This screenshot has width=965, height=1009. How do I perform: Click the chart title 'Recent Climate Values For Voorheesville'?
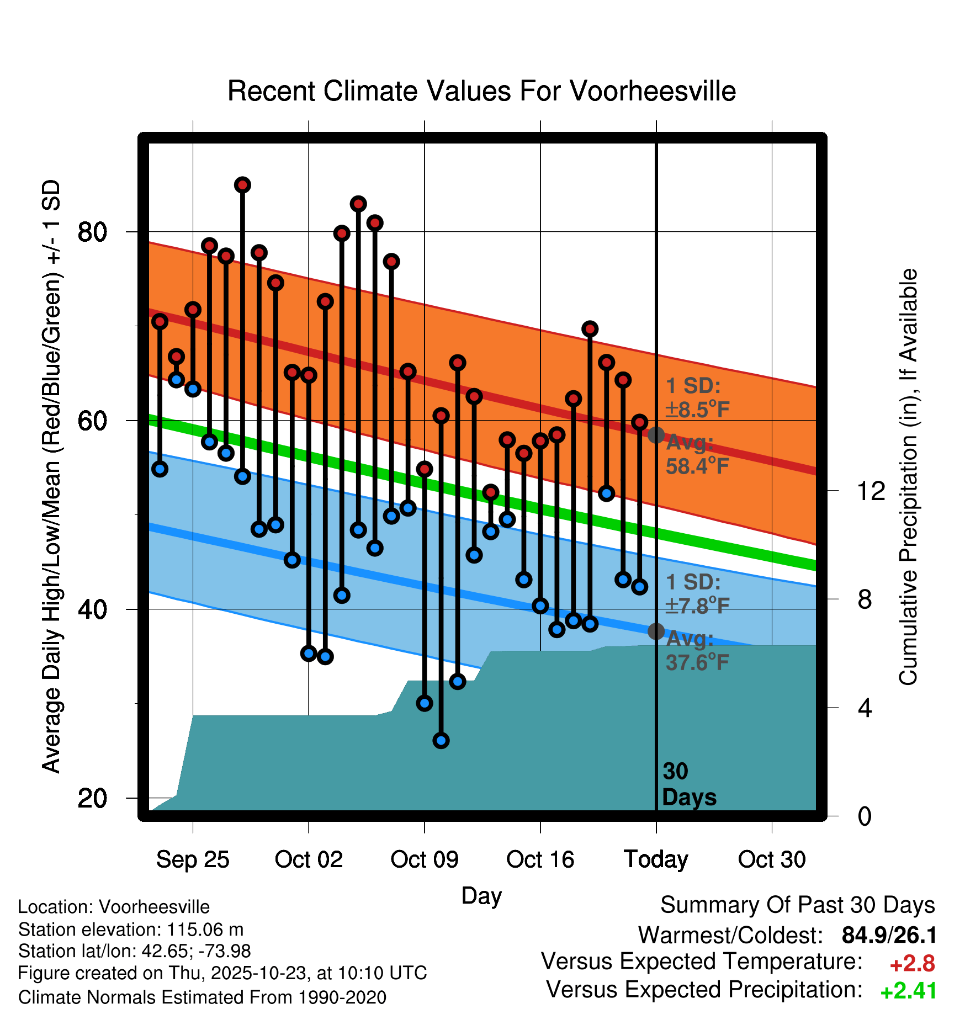[481, 92]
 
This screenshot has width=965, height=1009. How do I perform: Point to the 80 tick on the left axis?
[92, 232]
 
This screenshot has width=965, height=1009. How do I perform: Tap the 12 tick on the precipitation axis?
[871, 491]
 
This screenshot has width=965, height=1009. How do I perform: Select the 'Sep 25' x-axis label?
[192, 859]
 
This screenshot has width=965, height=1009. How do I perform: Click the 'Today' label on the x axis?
[656, 859]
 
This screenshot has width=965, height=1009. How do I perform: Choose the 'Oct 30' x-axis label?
[772, 859]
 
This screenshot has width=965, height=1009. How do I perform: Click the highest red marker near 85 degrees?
[242, 185]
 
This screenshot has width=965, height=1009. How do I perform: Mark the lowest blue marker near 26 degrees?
[441, 740]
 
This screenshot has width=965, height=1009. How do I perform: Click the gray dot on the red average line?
[656, 435]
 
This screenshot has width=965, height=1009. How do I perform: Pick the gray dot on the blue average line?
[656, 631]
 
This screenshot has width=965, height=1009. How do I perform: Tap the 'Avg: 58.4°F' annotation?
[697, 455]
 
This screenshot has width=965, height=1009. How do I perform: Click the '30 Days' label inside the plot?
[688, 784]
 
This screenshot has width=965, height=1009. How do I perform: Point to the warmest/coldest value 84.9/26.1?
[889, 936]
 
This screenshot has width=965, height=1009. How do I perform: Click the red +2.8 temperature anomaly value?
[912, 964]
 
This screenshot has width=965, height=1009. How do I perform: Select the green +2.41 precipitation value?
[908, 991]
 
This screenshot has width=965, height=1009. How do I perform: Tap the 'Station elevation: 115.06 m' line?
[131, 930]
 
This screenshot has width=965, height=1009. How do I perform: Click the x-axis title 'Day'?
[481, 896]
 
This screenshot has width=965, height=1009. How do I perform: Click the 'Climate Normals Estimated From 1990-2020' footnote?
[202, 997]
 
